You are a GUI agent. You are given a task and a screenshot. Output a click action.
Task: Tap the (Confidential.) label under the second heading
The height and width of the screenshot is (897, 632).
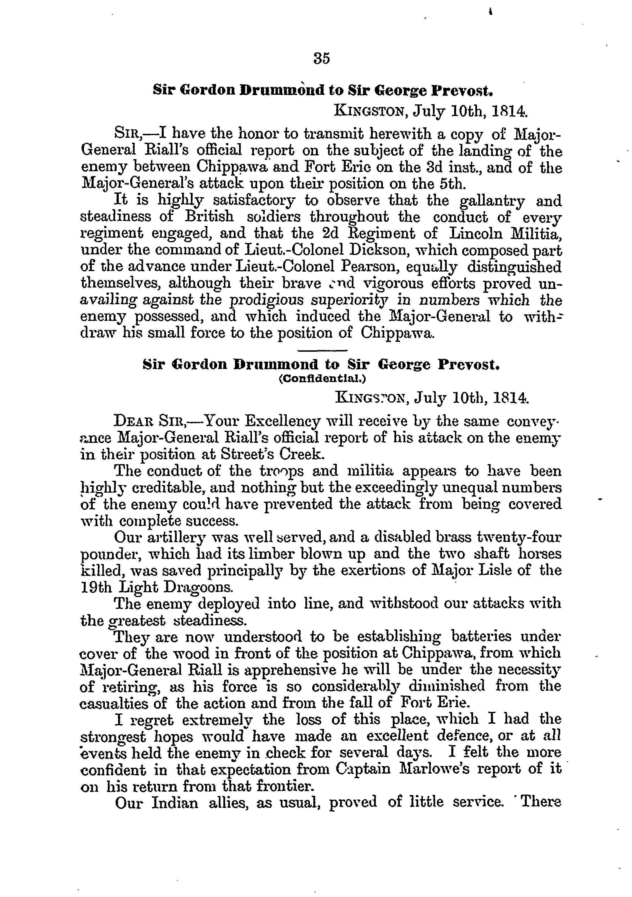322,379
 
